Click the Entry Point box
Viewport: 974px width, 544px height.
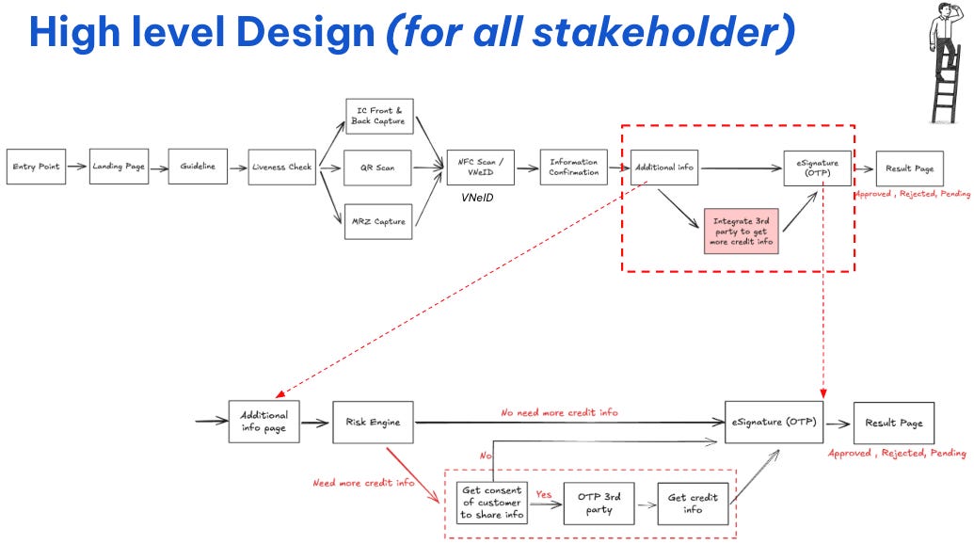click(36, 167)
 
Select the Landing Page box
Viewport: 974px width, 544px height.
click(119, 167)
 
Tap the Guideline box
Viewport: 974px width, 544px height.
click(198, 167)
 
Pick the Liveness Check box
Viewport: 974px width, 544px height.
click(281, 167)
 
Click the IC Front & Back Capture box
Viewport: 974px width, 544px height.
click(378, 117)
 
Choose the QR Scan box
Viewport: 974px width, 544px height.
click(378, 168)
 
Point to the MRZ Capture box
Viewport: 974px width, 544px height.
click(378, 221)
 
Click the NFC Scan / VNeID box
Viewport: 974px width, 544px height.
click(480, 167)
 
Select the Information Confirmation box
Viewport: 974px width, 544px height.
click(574, 167)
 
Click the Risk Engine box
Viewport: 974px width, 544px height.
click(373, 422)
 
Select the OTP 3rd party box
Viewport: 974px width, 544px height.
click(599, 503)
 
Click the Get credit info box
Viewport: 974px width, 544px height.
click(694, 503)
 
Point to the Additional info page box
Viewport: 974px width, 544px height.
click(264, 421)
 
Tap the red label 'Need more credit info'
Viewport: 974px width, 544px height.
click(364, 483)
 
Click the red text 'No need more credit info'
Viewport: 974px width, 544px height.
click(560, 412)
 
